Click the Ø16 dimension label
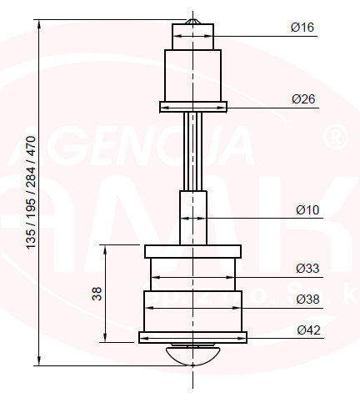pyautogui.click(x=302, y=28)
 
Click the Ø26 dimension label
pyautogui.click(x=302, y=99)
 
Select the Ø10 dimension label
pyautogui.click(x=307, y=209)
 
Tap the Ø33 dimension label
pyautogui.click(x=307, y=269)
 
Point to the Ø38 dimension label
pyautogui.click(x=307, y=299)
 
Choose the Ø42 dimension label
pyautogui.click(x=308, y=330)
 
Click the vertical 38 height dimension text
pyautogui.click(x=97, y=294)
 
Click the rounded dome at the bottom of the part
pyautogui.click(x=192, y=354)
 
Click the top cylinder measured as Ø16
pyautogui.click(x=192, y=37)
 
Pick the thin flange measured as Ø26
pyautogui.click(x=192, y=107)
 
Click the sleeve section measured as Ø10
pyautogui.click(x=192, y=217)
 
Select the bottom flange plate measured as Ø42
pyautogui.click(x=192, y=337)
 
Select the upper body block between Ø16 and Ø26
pyautogui.click(x=192, y=75)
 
